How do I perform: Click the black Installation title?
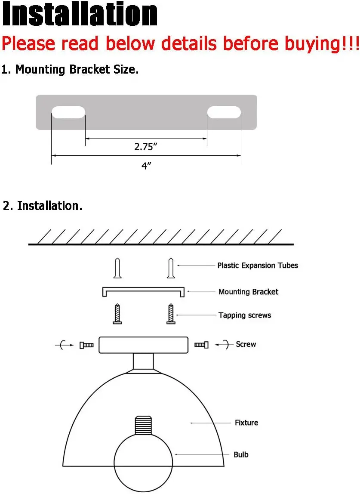(x=80, y=15)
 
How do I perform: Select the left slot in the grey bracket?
(x=68, y=112)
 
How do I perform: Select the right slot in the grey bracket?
(x=224, y=112)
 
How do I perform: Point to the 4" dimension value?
(x=146, y=166)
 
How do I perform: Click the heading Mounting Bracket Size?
(x=70, y=70)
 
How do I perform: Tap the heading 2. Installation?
(x=43, y=206)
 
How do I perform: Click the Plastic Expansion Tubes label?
(x=257, y=266)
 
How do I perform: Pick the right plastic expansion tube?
(x=171, y=268)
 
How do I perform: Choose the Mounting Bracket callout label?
(x=248, y=292)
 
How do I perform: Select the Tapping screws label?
(x=245, y=315)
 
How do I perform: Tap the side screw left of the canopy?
(x=86, y=345)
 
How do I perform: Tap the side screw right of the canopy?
(x=201, y=345)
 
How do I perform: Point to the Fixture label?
(x=246, y=423)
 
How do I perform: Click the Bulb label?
(x=241, y=454)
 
